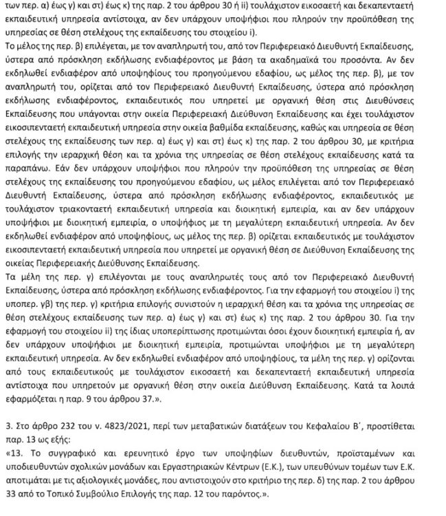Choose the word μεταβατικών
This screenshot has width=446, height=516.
pos(221,421)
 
